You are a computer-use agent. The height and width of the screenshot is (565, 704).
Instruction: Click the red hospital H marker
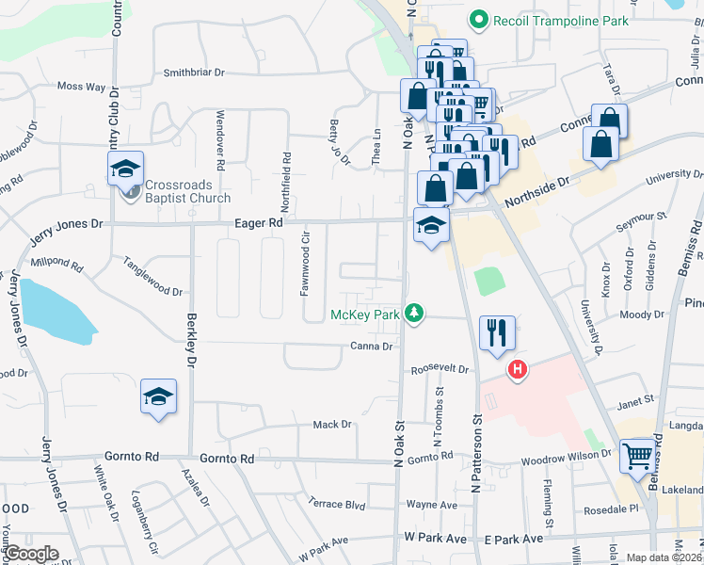pyautogui.click(x=516, y=370)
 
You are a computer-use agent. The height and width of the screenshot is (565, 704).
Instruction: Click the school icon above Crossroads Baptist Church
pyautogui.click(x=124, y=169)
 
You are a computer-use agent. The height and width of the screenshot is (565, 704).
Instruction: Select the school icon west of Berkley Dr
pyautogui.click(x=159, y=396)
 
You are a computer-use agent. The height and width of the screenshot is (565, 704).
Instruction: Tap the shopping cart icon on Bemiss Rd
pyautogui.click(x=638, y=455)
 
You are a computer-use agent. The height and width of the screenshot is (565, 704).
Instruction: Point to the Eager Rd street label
pyautogui.click(x=259, y=224)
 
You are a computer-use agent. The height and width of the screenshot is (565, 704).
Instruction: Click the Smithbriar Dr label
pyautogui.click(x=195, y=72)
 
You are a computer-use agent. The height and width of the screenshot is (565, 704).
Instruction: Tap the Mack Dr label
pyautogui.click(x=331, y=425)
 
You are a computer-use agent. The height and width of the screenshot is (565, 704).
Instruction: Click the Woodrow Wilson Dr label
pyautogui.click(x=568, y=462)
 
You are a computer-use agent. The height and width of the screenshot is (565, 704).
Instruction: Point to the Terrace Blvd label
pyautogui.click(x=337, y=504)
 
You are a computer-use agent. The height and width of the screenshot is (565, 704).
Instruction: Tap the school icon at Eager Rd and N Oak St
pyautogui.click(x=431, y=225)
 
